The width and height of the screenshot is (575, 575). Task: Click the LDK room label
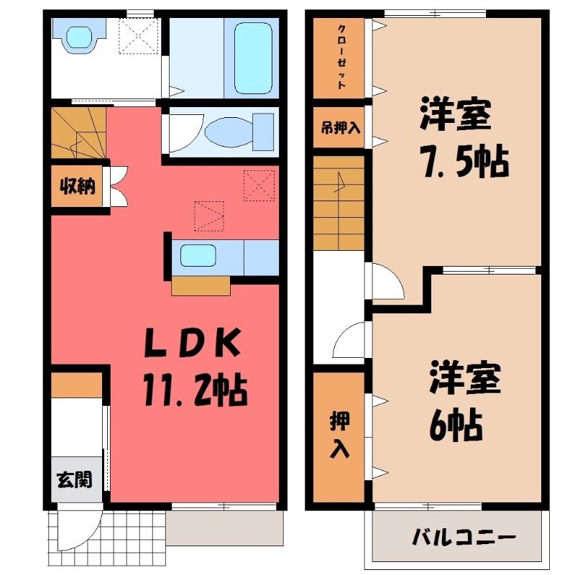tap(193, 343)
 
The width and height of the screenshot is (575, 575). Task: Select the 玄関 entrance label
tap(75, 479)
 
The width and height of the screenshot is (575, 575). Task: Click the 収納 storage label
tap(78, 186)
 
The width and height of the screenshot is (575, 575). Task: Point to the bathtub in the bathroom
tap(253, 58)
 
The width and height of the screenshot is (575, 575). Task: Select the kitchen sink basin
tap(198, 255)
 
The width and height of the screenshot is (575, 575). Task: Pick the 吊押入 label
tap(340, 128)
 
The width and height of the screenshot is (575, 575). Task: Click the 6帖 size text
tap(456, 425)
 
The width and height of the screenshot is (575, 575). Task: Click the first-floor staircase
tap(78, 133)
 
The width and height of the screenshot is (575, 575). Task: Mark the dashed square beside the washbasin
tap(139, 36)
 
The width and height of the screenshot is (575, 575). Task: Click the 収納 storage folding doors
tap(118, 186)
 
